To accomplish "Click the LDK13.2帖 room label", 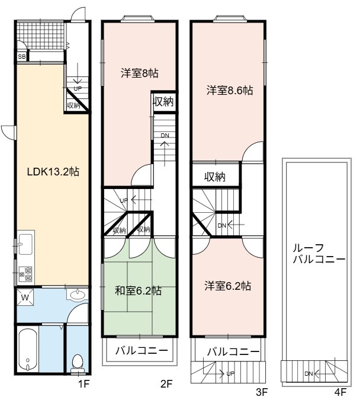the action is (x=53, y=172).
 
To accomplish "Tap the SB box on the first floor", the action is (x=22, y=56).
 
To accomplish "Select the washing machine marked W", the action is (x=25, y=298).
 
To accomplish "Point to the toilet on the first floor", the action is (x=78, y=363).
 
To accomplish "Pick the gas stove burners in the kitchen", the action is (x=25, y=274).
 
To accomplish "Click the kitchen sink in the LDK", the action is (x=25, y=244).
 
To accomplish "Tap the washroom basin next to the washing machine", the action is (x=78, y=295).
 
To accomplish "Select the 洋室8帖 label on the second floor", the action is (x=139, y=73).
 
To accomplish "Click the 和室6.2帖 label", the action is (x=138, y=290).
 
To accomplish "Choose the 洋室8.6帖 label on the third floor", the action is (x=230, y=91).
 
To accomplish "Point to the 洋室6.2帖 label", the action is (x=228, y=286).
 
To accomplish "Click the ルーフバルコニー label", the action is (x=319, y=254).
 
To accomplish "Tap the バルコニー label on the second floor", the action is (x=142, y=350).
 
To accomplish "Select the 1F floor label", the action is (x=83, y=384).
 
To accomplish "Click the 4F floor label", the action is (x=340, y=392).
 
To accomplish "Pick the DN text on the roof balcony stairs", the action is (x=308, y=374).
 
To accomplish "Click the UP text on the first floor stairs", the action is (x=78, y=89).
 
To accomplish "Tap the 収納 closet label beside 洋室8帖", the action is (x=163, y=102).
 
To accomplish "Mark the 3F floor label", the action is (x=262, y=392).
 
